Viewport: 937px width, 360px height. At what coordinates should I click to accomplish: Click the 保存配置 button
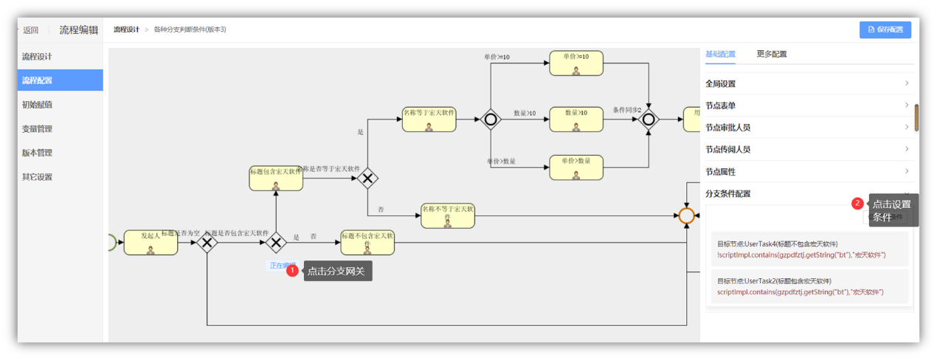[885, 30]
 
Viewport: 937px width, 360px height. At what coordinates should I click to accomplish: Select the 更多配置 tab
[771, 55]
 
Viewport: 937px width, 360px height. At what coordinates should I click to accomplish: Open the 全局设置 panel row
[808, 83]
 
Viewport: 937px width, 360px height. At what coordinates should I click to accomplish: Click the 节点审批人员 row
[808, 128]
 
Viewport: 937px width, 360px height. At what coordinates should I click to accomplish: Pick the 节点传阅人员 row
[808, 149]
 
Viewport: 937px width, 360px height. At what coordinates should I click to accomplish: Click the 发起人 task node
[151, 242]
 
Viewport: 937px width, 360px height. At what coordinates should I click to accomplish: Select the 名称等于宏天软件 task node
[429, 120]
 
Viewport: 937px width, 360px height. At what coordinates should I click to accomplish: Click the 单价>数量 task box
[575, 167]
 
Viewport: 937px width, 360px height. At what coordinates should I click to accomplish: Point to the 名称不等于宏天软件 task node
[448, 215]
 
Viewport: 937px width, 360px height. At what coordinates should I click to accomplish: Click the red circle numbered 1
[292, 271]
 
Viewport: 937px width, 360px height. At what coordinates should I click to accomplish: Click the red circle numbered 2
[857, 203]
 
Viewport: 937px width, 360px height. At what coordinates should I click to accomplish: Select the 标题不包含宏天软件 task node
[367, 242]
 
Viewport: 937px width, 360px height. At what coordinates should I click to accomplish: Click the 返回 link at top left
[30, 30]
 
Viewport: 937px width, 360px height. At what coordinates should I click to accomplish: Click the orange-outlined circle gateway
[686, 215]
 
